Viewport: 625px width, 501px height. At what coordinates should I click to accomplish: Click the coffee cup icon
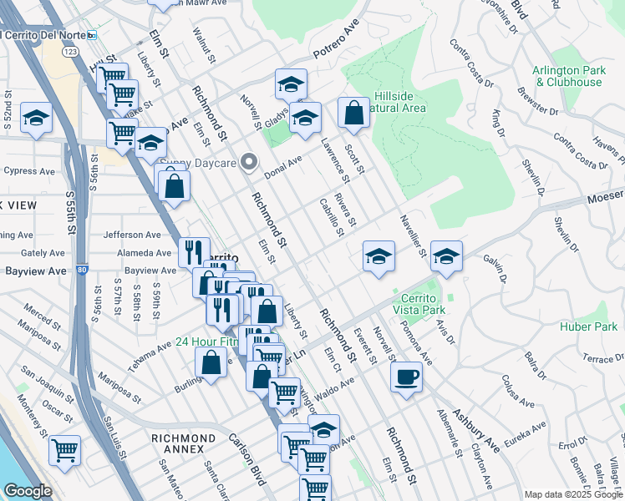[407, 377]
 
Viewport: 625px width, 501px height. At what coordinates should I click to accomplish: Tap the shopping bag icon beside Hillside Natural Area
[354, 113]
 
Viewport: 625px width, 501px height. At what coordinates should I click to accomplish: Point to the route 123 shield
[72, 53]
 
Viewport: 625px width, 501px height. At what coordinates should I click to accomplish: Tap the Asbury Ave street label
[476, 429]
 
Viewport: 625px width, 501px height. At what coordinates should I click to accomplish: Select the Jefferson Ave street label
[132, 235]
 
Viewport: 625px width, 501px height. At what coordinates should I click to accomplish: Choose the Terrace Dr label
[597, 357]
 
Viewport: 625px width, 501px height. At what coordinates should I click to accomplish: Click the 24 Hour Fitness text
[206, 342]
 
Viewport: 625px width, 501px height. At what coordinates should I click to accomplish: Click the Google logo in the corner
[28, 491]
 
